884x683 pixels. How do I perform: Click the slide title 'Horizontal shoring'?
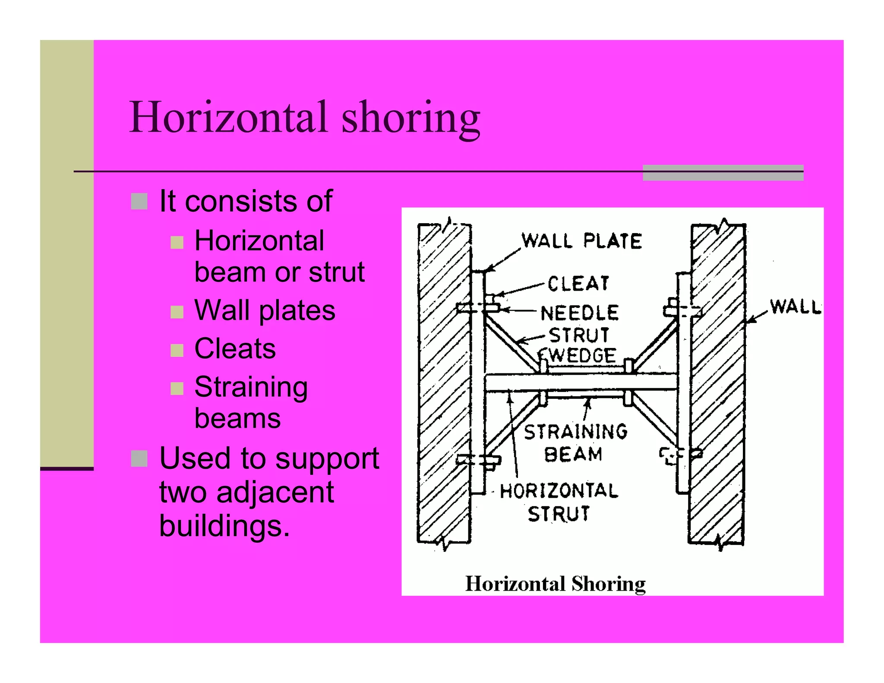[304, 117]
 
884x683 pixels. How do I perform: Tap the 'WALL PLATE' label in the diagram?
[581, 241]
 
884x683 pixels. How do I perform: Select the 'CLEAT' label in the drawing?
[578, 284]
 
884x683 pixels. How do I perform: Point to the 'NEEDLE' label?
[580, 313]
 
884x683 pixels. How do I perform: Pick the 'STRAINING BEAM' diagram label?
[575, 443]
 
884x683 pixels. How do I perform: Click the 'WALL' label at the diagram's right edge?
[795, 307]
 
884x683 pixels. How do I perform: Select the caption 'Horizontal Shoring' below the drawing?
[555, 584]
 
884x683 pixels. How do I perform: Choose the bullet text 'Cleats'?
[235, 348]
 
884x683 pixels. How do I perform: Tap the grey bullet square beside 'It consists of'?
[139, 201]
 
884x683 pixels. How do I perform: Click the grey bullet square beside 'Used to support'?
[139, 458]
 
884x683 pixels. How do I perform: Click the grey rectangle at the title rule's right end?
[723, 173]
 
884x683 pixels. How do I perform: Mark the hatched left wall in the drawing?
[444, 384]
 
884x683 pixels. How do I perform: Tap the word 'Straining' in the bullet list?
[251, 387]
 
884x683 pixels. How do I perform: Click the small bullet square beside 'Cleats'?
[177, 350]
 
